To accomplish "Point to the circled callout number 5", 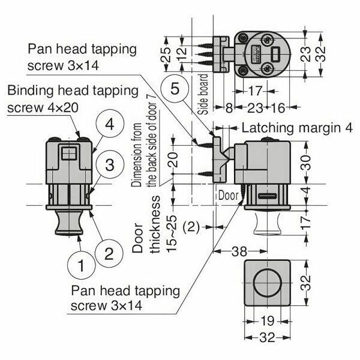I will click(175, 89).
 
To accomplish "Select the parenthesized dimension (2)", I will click(190, 226).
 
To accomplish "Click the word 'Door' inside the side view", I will click(227, 195).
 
